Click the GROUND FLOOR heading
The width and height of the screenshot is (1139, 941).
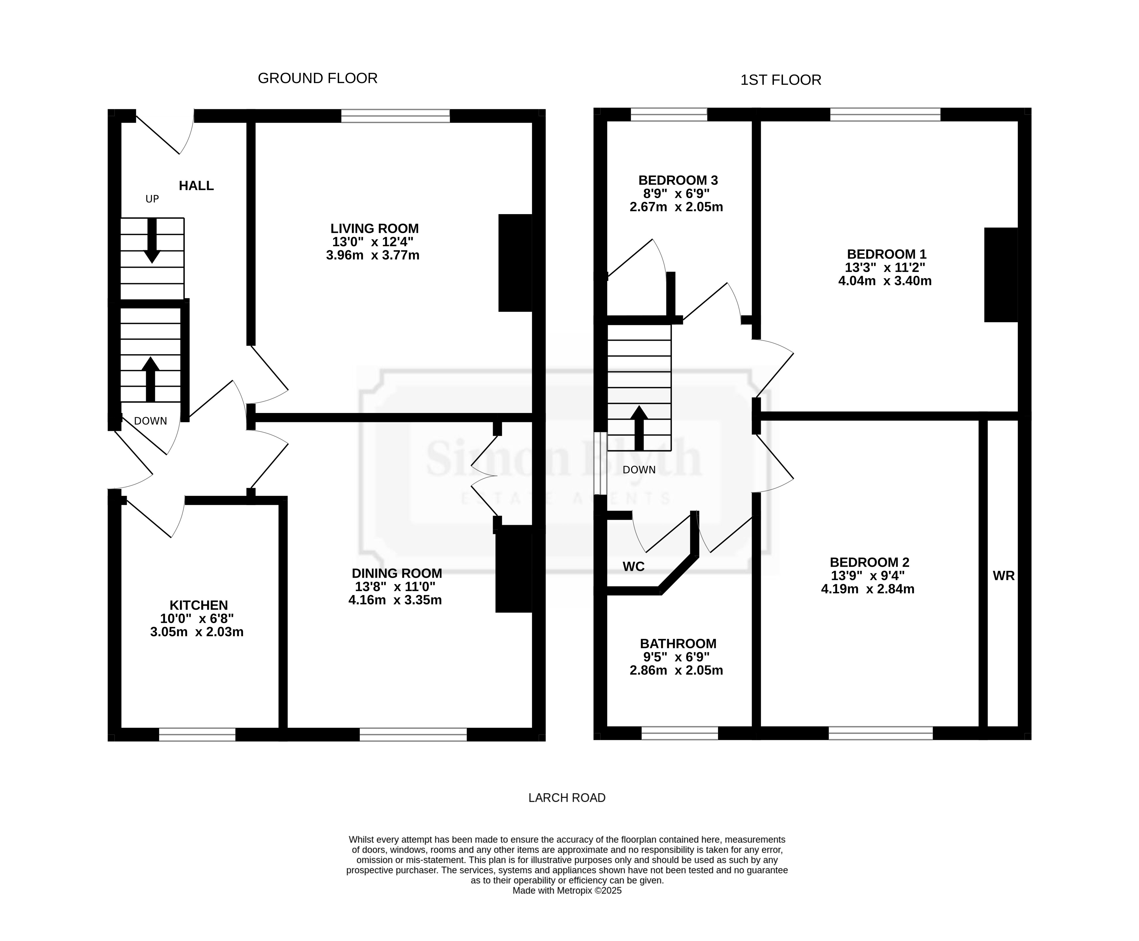[317, 78]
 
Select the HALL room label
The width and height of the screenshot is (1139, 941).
[196, 186]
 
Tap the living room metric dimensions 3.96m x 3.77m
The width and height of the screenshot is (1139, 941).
[373, 255]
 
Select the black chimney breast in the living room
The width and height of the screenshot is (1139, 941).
[515, 263]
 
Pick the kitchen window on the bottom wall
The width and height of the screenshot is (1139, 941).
[197, 735]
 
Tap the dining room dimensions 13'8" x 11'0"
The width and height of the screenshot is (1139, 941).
[395, 587]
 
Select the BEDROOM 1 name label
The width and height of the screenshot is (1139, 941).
[887, 254]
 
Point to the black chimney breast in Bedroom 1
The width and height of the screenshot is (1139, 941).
[1001, 275]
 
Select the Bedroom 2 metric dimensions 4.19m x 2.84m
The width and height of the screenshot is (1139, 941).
[868, 589]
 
